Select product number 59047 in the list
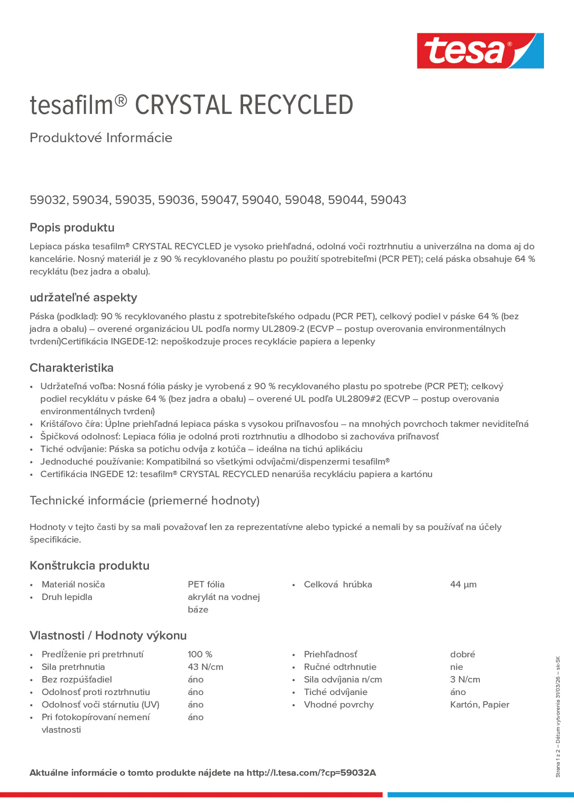219,200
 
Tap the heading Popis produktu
72,227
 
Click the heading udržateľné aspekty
83,297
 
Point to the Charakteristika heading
71,368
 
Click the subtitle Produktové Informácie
101,138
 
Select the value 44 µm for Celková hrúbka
463,584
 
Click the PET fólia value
206,584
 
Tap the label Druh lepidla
67,597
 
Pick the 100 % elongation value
200,654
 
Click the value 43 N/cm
205,667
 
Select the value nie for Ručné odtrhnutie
456,667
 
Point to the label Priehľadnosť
331,654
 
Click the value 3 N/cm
465,679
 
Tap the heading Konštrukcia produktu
89,565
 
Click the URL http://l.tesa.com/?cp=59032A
311,773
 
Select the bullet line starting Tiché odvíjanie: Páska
201,449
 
